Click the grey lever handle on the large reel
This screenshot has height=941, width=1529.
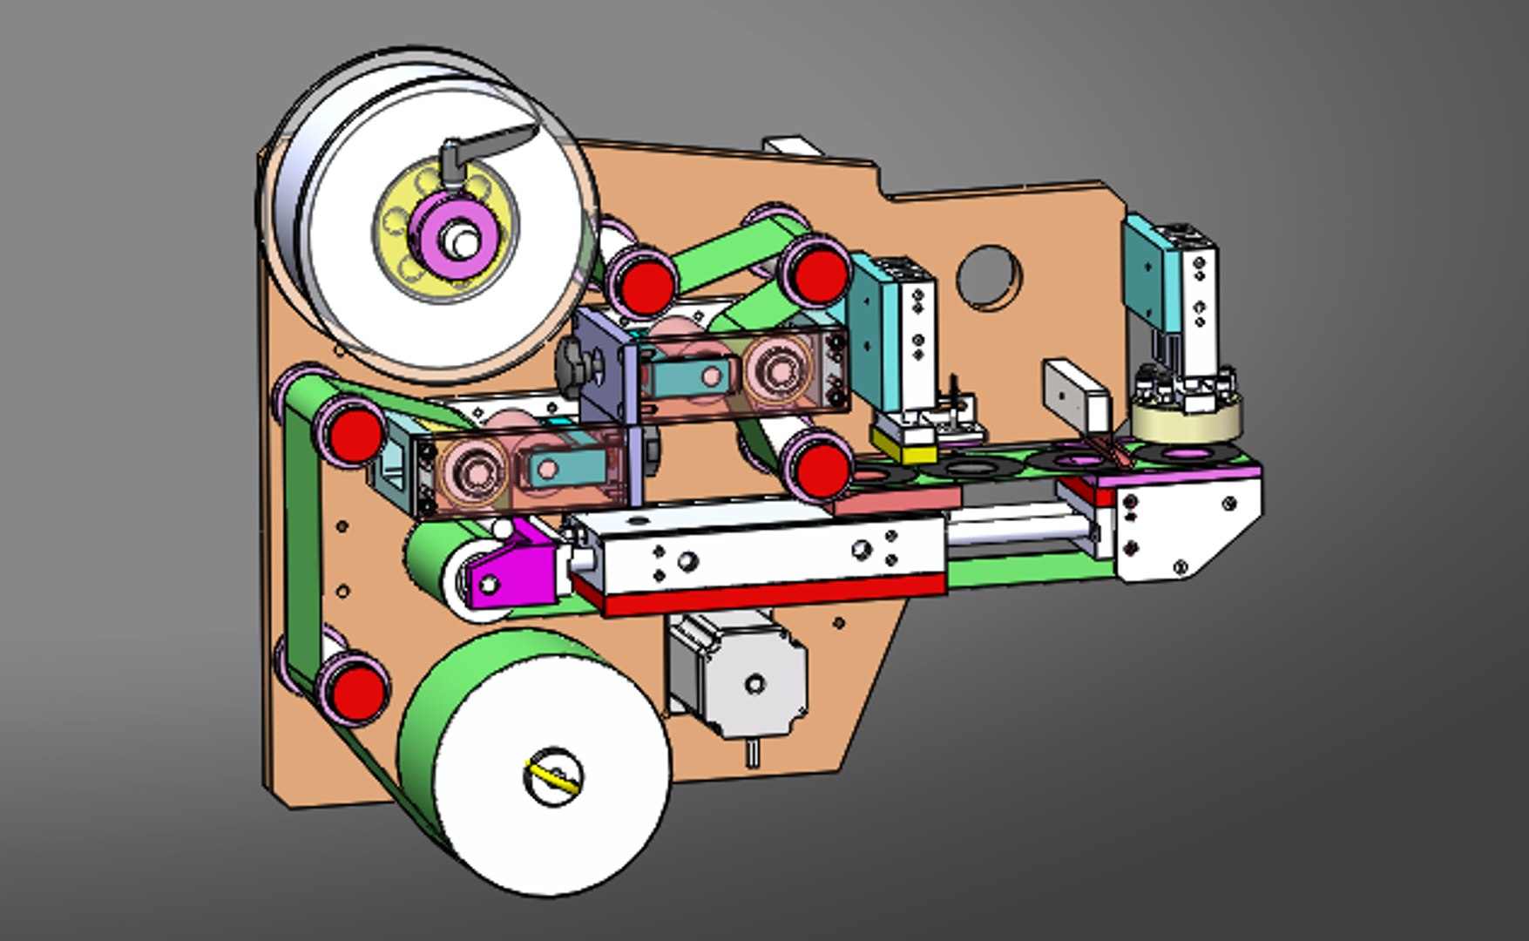497,144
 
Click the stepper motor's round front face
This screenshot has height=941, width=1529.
754,682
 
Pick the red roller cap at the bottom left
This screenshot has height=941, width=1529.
355,688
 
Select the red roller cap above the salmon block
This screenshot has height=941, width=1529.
822,470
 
